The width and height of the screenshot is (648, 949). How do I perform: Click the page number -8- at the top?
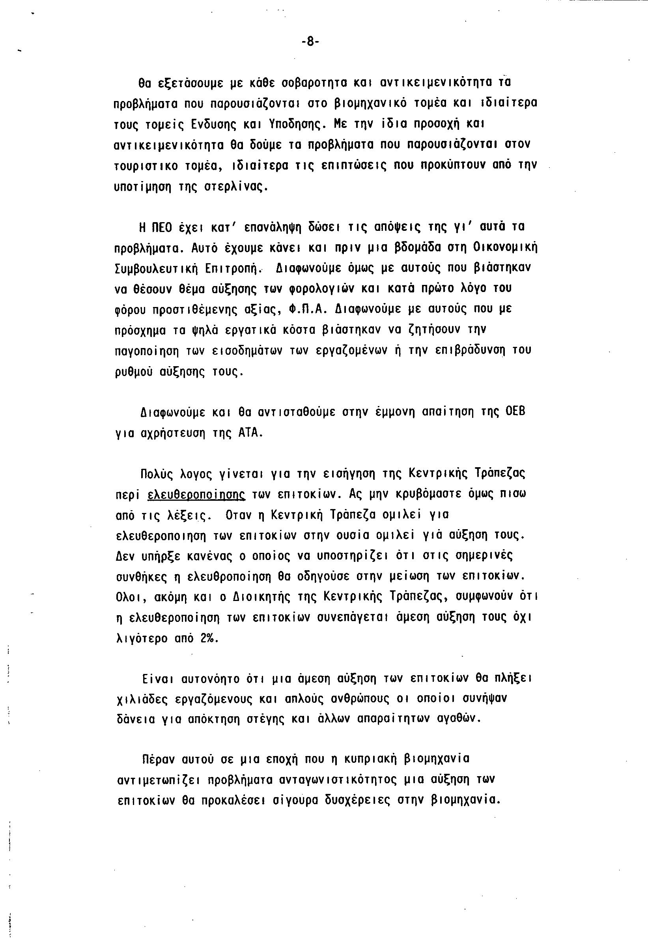(310, 42)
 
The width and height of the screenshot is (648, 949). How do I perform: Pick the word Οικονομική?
(506, 247)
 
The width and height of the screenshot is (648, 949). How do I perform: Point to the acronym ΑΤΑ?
(249, 432)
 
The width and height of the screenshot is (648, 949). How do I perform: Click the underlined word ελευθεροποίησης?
(196, 494)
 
